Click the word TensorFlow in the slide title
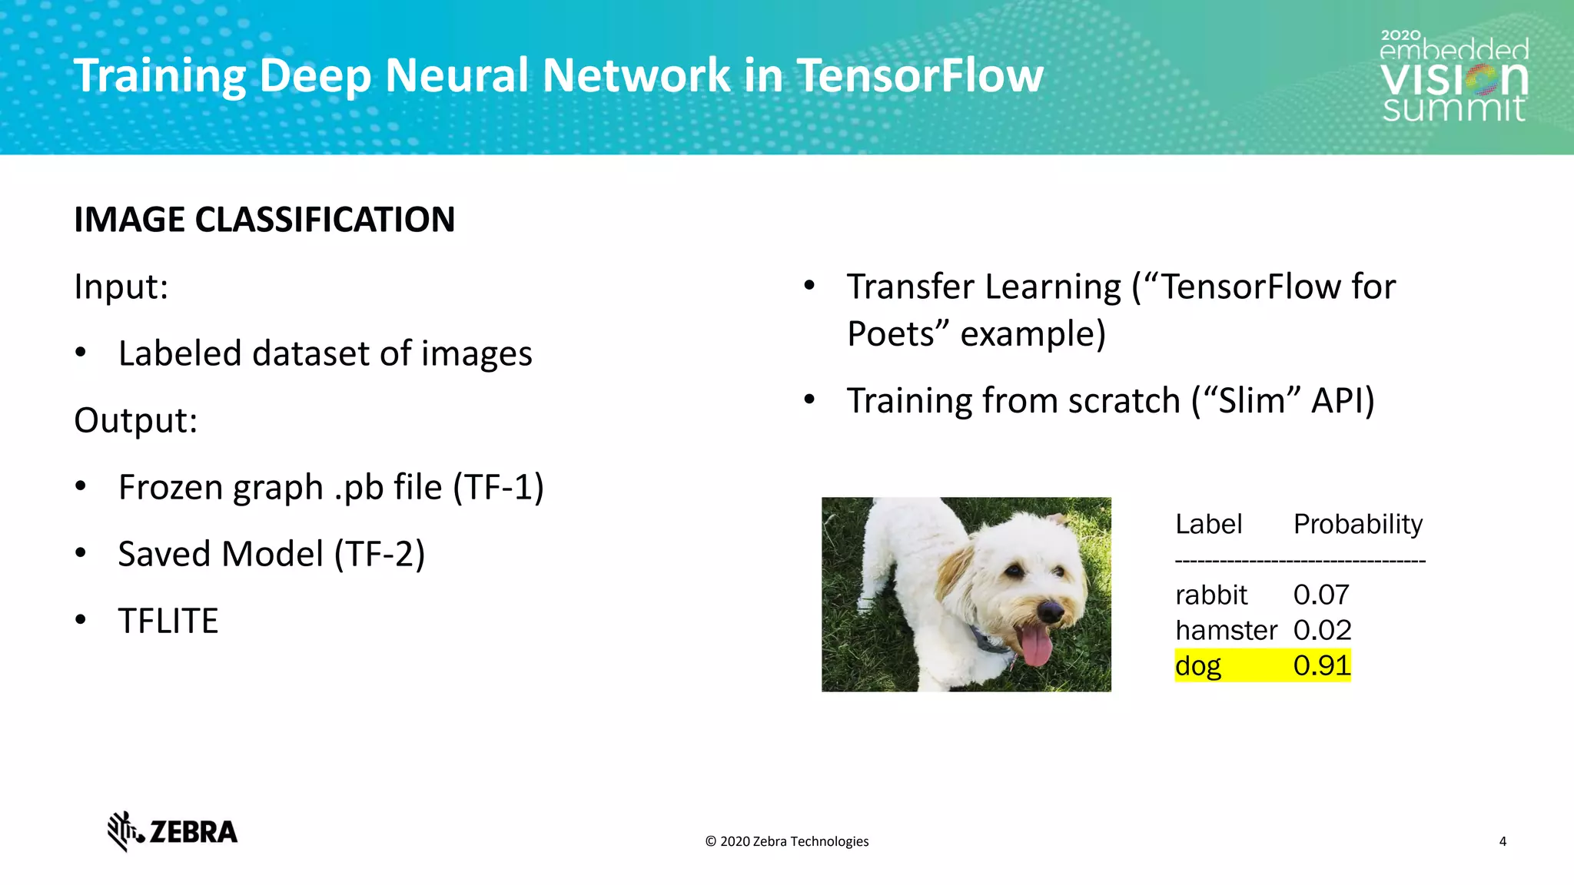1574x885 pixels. [919, 75]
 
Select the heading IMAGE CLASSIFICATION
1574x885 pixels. [264, 220]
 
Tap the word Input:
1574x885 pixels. [121, 287]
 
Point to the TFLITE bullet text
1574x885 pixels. [168, 621]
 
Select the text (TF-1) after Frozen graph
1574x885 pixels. [498, 487]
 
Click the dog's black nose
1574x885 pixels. [1051, 612]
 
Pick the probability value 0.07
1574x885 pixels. [1320, 595]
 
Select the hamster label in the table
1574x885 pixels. [1225, 630]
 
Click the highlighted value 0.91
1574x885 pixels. [1320, 665]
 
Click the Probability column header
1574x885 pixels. [1357, 524]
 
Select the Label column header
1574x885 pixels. [1208, 524]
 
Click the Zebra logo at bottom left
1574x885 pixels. [172, 831]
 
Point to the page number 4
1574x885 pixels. [1502, 841]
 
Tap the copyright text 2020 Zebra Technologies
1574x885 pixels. [787, 841]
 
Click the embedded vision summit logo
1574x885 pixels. [1453, 77]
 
